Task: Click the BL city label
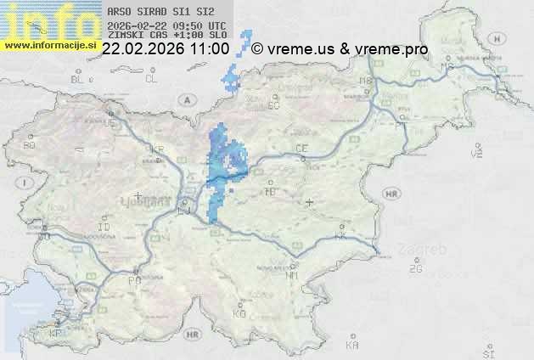tap(79, 79)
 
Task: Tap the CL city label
tap(151, 79)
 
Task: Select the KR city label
tap(156, 150)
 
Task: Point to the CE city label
tap(301, 149)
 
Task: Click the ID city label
tap(104, 228)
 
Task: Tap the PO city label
tap(133, 279)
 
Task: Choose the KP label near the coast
tap(55, 334)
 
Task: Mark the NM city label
tap(292, 275)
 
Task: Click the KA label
tap(352, 345)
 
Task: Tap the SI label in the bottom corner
tap(487, 351)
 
